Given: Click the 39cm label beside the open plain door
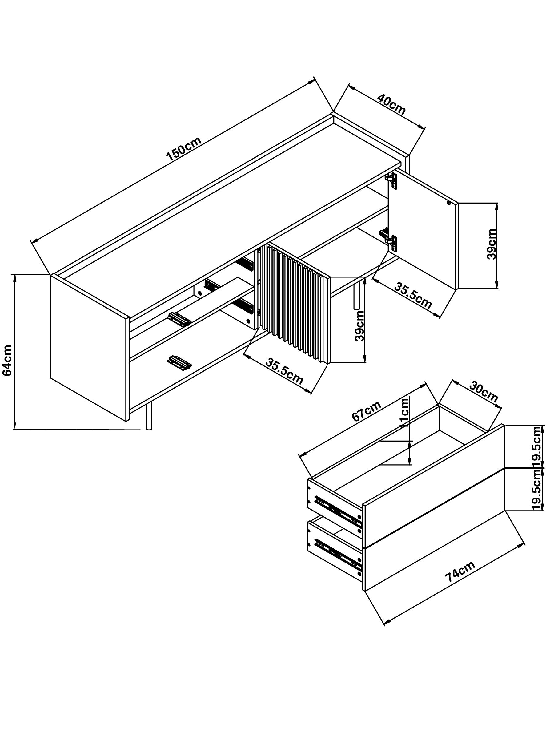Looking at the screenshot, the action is pos(492,244).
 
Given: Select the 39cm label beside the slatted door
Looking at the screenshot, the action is pos(360,326).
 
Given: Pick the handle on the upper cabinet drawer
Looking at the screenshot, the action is pos(180,319).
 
